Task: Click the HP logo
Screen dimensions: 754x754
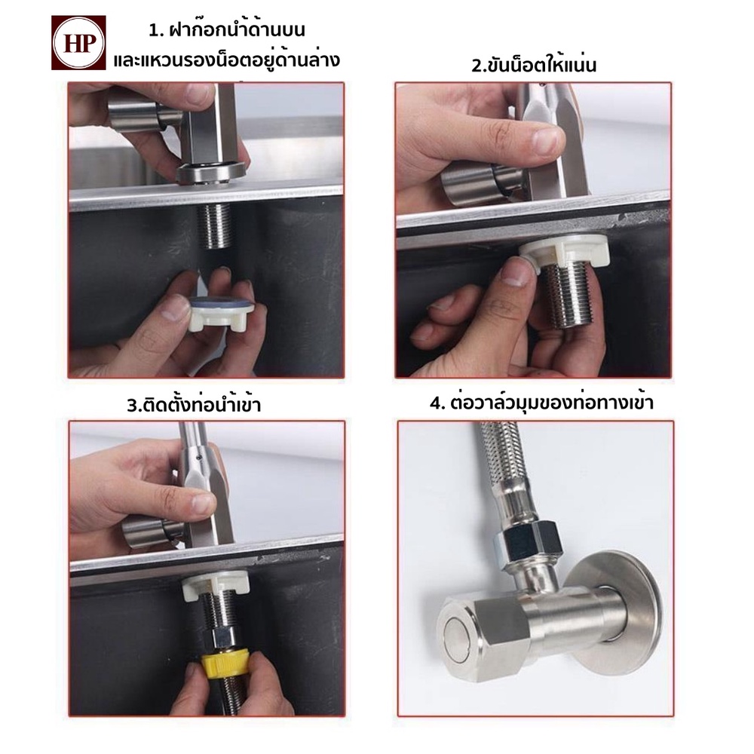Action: [78, 43]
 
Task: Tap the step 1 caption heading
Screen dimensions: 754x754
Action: [226, 46]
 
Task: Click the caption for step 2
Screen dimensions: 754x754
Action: [533, 65]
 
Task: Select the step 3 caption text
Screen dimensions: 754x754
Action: [194, 404]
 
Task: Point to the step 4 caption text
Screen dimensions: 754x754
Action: [541, 403]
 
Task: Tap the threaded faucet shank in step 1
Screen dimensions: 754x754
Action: [215, 225]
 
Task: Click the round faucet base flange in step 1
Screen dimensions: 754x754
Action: [211, 173]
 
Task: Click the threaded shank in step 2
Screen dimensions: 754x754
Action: [568, 294]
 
